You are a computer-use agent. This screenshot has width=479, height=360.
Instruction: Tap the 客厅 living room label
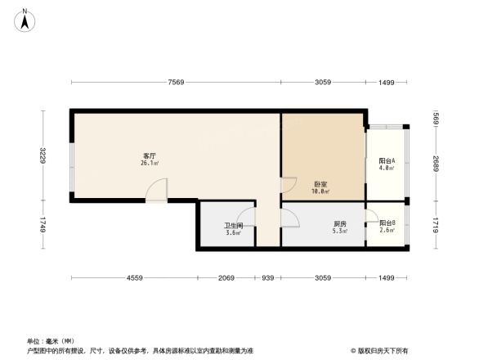click(150, 155)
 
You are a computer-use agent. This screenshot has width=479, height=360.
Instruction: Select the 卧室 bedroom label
click(320, 184)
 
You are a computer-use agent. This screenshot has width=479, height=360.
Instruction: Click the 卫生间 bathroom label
click(233, 226)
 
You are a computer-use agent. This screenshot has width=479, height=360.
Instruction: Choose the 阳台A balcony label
click(387, 161)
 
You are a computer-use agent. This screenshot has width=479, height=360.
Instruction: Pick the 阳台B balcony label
click(387, 223)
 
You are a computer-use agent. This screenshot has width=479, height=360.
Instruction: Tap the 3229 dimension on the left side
click(41, 155)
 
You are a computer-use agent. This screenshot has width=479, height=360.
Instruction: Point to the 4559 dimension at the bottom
click(135, 279)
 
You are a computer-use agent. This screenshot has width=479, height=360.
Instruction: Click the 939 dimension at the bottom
click(267, 279)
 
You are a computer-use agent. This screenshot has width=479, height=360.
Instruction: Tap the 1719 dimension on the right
click(436, 224)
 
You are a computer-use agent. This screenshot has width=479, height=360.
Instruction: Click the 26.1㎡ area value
click(150, 163)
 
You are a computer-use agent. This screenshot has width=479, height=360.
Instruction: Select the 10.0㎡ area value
click(320, 191)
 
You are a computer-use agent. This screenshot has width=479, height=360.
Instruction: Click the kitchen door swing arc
click(290, 217)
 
